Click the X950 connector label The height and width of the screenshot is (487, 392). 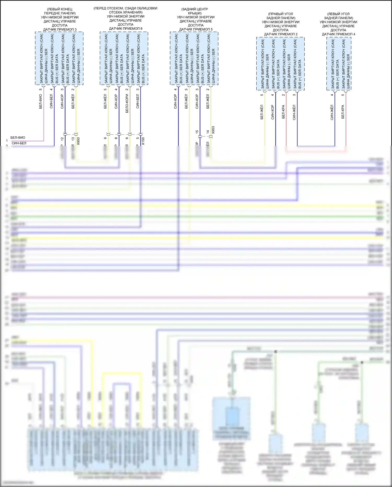pyautogui.click(x=78, y=141)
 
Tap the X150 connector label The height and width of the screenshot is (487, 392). pyautogui.click(x=143, y=141)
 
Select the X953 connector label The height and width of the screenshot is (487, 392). pyautogui.click(x=213, y=130)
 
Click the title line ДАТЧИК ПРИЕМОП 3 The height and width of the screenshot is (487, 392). pyautogui.click(x=60, y=30)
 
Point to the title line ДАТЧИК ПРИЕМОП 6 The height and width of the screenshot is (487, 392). pyautogui.click(x=126, y=29)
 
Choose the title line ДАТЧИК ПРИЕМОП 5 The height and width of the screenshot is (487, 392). pyautogui.click(x=196, y=29)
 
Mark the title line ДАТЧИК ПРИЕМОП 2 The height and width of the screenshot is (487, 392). pyautogui.click(x=281, y=34)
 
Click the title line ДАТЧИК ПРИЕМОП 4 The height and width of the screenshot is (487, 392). pyautogui.click(x=338, y=34)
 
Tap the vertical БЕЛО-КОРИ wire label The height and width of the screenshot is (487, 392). pyautogui.click(x=127, y=104)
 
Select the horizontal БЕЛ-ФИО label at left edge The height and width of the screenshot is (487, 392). pyautogui.click(x=18, y=138)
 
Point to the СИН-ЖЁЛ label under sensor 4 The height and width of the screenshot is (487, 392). pyautogui.click(x=332, y=112)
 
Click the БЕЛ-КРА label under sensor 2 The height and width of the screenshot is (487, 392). pyautogui.click(x=284, y=112)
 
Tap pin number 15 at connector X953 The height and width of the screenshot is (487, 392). pyautogui.click(x=197, y=132)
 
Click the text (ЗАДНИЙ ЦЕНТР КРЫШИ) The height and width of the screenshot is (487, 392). pyautogui.click(x=195, y=11)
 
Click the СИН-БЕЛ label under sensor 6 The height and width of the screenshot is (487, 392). pyautogui.click(x=138, y=101)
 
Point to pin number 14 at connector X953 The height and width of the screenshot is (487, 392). pyautogui.click(x=208, y=132)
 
